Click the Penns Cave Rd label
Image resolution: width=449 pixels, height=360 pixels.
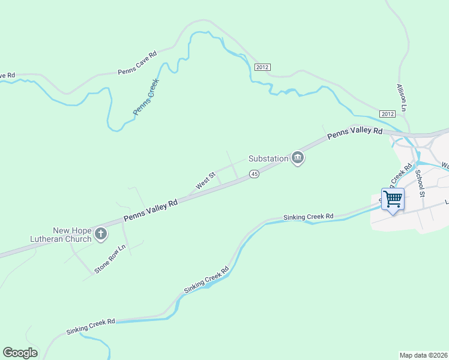(137, 62)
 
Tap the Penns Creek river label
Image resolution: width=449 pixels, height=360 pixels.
(145, 97)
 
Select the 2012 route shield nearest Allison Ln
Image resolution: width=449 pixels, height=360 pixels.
(387, 113)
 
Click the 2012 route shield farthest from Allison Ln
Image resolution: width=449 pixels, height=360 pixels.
(262, 67)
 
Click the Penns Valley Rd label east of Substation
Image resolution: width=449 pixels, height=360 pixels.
(355, 134)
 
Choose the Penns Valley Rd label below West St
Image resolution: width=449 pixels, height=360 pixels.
(151, 212)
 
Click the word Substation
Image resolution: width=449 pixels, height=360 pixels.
(268, 159)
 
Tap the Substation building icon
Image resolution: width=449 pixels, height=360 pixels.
(297, 158)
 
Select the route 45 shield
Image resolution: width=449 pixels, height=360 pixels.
(254, 174)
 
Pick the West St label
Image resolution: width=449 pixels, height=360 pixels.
(205, 180)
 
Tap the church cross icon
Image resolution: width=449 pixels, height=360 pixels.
(101, 234)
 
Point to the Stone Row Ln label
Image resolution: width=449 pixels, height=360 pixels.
(110, 259)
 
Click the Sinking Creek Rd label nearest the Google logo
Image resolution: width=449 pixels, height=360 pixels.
(90, 326)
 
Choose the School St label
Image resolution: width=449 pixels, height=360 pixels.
(420, 184)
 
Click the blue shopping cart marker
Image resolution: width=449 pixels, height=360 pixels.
(393, 199)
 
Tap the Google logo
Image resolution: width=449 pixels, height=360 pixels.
(20, 353)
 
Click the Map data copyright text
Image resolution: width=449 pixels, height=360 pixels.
(423, 355)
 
